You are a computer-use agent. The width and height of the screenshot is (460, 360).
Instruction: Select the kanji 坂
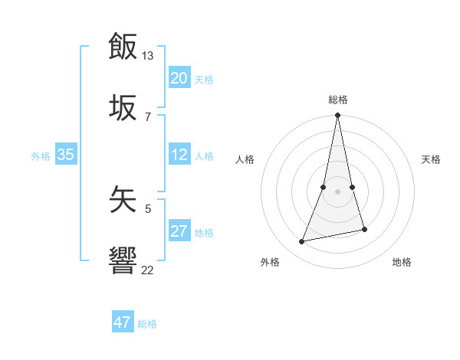123,107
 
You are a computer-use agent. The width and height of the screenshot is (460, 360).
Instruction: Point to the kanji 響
123,261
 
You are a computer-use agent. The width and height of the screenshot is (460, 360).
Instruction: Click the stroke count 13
148,56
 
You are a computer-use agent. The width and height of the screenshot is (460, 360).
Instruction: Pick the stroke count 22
148,270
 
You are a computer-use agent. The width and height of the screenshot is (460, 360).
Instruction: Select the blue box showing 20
179,78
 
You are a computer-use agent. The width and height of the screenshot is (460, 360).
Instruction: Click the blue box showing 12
179,155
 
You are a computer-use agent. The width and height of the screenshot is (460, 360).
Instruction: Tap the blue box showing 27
179,232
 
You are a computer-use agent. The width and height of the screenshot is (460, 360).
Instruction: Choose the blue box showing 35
66,155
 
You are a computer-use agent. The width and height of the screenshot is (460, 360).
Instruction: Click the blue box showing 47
123,322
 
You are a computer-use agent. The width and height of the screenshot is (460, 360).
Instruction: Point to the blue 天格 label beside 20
204,80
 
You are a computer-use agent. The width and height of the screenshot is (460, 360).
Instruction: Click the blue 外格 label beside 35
41,156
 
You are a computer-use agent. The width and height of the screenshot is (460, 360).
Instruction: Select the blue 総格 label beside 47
147,324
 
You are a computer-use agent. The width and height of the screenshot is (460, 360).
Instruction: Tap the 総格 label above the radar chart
338,100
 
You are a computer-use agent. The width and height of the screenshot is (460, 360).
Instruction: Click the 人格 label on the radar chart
245,159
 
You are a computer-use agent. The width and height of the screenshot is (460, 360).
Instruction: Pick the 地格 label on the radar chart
402,262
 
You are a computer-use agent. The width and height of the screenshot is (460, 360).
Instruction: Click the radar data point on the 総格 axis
338,116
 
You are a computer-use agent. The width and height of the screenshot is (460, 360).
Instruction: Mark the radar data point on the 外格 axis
302,242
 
